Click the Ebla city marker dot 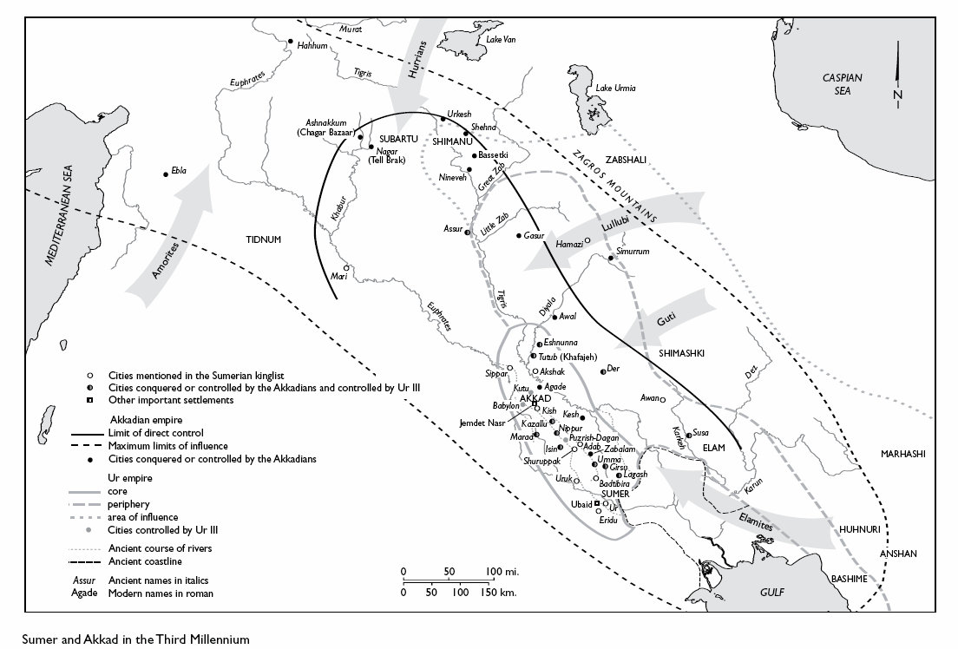tap(166, 174)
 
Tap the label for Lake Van tap(501, 40)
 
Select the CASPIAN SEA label tap(843, 83)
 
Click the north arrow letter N tap(897, 94)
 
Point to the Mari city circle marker tap(346, 267)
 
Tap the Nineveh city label tap(454, 177)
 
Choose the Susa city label tap(701, 432)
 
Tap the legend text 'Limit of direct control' tap(155, 432)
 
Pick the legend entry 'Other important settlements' tap(170, 400)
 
